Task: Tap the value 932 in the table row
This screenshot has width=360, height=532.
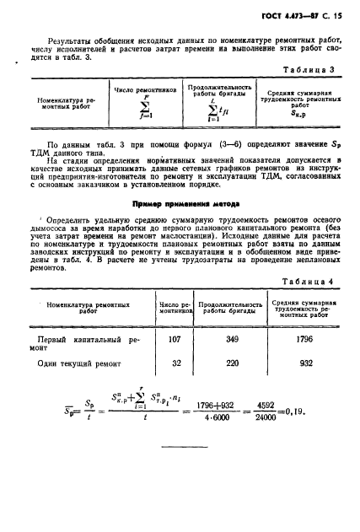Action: click(305, 363)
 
